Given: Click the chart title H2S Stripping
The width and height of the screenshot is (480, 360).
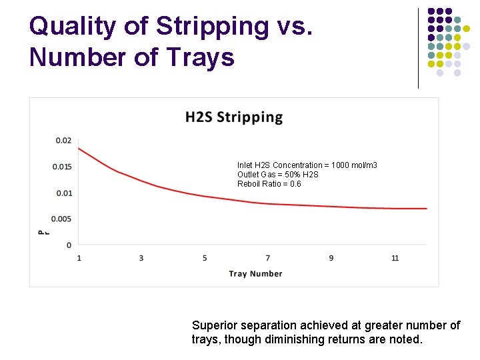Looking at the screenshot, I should [234, 117].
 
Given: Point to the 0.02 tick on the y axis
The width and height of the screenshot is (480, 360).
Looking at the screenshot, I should [63, 140].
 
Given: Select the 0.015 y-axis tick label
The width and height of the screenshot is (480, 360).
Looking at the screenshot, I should [62, 167].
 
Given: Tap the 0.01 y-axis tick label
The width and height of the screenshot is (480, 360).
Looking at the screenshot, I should [63, 193].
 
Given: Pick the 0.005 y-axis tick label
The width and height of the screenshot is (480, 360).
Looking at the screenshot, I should [62, 219].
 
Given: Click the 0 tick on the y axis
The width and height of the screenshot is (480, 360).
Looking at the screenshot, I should [69, 245].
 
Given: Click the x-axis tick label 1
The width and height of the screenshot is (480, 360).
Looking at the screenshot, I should [79, 258].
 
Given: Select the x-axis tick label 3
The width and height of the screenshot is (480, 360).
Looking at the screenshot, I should [141, 258].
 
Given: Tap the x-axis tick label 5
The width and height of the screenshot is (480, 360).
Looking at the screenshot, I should [205, 258].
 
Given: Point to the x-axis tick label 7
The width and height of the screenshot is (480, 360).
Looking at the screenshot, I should [268, 258].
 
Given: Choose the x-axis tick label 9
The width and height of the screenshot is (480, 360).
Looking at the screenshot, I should [331, 258].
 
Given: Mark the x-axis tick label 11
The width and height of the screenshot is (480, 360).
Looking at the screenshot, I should [395, 258].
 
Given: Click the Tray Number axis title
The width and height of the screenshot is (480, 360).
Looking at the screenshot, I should [255, 273].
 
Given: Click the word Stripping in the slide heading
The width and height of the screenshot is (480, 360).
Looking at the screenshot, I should [211, 27].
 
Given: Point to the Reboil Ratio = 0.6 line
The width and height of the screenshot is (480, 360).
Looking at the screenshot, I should [269, 184].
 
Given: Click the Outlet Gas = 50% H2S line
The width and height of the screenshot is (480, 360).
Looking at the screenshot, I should [278, 175].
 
